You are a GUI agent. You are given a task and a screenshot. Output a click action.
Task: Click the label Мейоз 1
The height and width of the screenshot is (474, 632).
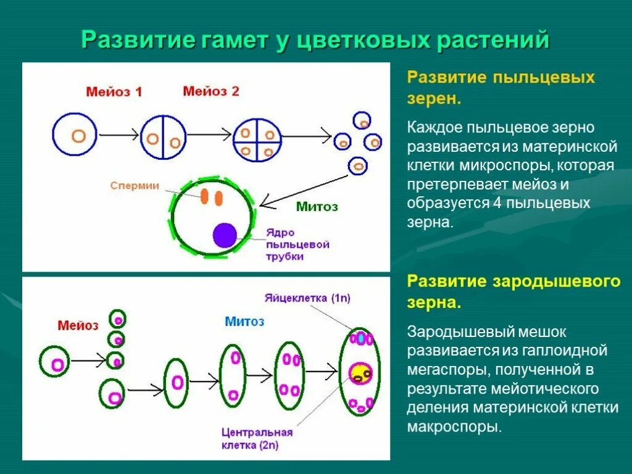click(x=114, y=92)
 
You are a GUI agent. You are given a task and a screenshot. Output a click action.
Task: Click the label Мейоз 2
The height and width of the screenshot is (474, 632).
click(x=211, y=91)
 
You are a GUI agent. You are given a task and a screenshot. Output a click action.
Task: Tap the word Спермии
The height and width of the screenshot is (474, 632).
click(x=135, y=185)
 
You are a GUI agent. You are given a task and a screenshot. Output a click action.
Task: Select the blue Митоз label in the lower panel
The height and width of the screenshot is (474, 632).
click(x=244, y=321)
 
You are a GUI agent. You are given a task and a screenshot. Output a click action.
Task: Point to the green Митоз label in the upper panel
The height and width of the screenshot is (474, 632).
click(x=317, y=207)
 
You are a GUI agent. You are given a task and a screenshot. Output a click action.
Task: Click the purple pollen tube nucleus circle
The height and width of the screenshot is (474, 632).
click(x=225, y=236)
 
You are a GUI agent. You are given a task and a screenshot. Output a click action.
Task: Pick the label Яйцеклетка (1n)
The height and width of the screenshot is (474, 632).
click(x=307, y=298)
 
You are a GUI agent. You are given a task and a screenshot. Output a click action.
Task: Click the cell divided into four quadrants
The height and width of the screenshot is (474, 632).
click(x=257, y=141)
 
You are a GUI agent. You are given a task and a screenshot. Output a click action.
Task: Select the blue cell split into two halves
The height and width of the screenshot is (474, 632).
click(x=163, y=138)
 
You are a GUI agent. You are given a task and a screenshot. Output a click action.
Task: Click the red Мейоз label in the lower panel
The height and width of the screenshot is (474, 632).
click(x=78, y=325)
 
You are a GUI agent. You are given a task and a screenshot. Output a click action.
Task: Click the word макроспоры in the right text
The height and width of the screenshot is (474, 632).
click(x=453, y=426)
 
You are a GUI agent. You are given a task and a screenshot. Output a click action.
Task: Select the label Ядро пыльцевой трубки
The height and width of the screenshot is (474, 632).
click(x=297, y=244)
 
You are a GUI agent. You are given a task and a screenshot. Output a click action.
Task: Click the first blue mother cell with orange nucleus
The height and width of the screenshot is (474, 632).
click(x=75, y=135)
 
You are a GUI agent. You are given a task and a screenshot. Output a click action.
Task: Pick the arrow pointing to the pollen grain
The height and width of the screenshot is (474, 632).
click(x=302, y=189)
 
